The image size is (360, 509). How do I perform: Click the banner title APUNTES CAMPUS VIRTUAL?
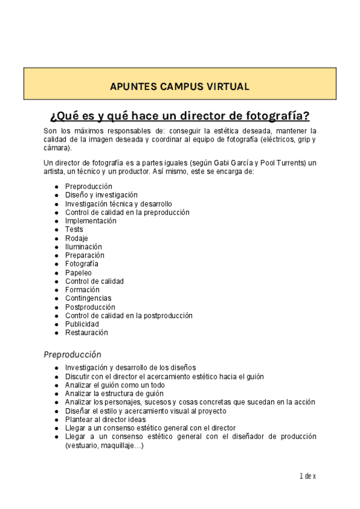[x=179, y=86]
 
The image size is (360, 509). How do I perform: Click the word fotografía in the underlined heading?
[x=277, y=116]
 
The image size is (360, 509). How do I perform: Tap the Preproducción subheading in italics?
[x=72, y=354]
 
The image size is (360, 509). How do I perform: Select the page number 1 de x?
[x=307, y=476]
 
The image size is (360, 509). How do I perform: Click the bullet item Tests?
[x=74, y=229]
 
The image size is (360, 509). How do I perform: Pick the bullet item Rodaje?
[x=76, y=238]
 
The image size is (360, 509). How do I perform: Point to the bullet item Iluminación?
[x=83, y=247]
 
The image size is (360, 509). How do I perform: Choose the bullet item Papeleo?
[x=78, y=273]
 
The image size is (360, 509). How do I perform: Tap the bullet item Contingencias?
[x=88, y=298]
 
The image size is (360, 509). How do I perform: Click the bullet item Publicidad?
[x=82, y=324]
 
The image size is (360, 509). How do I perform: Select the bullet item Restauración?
[x=86, y=333]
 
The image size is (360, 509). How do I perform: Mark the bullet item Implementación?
[x=91, y=221]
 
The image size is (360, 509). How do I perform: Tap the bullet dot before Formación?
[x=56, y=290]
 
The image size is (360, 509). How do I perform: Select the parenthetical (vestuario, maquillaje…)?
[x=104, y=445]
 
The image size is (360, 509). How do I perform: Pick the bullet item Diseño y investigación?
[x=101, y=195]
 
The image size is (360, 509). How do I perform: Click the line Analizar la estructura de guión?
[x=115, y=394]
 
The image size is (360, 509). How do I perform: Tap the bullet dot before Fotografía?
[x=56, y=264]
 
